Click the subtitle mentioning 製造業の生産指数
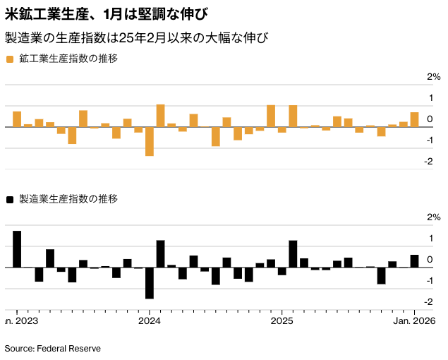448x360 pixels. tap(137, 37)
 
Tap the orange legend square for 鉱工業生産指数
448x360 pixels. tap(10, 59)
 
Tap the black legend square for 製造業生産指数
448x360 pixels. tap(10, 200)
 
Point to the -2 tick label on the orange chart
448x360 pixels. tap(428, 162)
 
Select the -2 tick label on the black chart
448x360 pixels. tap(428, 302)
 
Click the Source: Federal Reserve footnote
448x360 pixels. tap(53, 349)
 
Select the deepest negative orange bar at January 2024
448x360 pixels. tap(150, 141)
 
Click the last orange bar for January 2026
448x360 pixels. tap(414, 120)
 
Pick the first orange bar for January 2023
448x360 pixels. tap(17, 119)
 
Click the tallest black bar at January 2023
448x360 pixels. tap(17, 249)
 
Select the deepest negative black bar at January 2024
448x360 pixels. tap(150, 283)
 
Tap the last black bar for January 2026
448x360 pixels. tap(414, 261)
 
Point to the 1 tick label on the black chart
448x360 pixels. tap(430, 239)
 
